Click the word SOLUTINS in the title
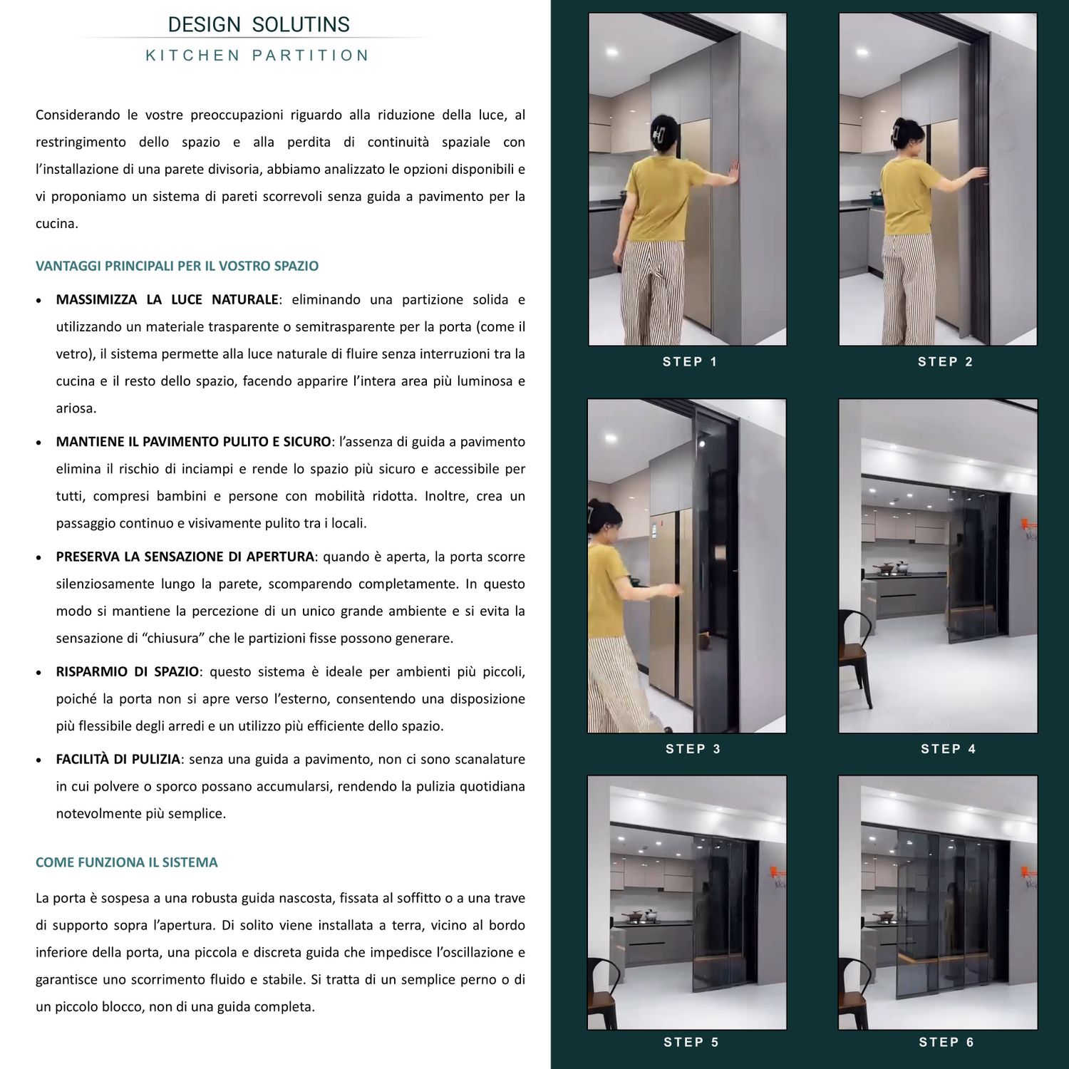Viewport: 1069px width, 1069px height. click(301, 25)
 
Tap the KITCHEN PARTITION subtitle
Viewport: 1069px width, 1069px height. click(257, 56)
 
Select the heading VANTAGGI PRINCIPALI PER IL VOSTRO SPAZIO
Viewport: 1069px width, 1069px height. click(177, 266)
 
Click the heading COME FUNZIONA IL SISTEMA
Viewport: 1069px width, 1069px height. click(126, 862)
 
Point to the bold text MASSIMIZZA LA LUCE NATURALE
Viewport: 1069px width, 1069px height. click(167, 299)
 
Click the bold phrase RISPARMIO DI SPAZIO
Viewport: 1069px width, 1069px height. click(128, 671)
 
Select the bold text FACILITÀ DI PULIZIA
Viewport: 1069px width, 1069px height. click(118, 759)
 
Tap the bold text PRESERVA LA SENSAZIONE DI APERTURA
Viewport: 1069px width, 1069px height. click(185, 557)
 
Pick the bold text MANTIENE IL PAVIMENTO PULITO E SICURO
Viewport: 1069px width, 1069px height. click(193, 442)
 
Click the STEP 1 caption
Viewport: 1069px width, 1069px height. click(690, 362)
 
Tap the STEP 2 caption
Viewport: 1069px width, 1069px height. click(945, 362)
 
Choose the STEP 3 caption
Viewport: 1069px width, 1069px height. click(693, 749)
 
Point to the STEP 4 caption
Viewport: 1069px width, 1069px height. click(948, 749)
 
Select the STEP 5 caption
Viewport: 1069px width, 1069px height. click(691, 1043)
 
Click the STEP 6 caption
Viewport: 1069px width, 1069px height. click(946, 1043)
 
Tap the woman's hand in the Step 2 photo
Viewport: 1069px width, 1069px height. click(981, 173)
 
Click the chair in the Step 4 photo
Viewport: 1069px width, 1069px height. click(855, 656)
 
